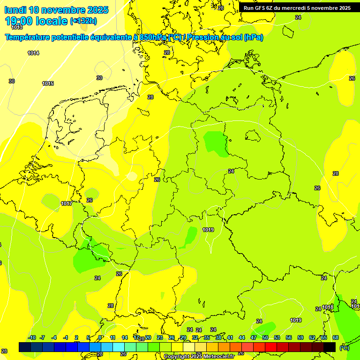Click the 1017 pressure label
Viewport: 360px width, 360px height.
pyautogui.click(x=67, y=203)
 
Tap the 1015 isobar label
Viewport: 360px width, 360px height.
pyautogui.click(x=48, y=83)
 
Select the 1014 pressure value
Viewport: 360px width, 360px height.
pyautogui.click(x=33, y=53)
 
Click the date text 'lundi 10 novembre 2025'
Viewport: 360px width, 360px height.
pyautogui.click(x=56, y=10)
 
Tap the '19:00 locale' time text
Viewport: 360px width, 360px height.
pyautogui.click(x=37, y=21)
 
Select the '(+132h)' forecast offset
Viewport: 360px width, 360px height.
pyautogui.click(x=83, y=21)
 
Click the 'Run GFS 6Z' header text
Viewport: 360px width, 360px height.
pyautogui.click(x=261, y=8)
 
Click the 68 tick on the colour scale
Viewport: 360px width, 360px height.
pyautogui.click(x=336, y=337)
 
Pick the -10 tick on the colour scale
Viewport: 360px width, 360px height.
pyautogui.click(x=32, y=337)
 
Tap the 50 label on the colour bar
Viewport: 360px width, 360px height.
pyautogui.click(x=265, y=337)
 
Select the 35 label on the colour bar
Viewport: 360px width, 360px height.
pyautogui.click(x=207, y=337)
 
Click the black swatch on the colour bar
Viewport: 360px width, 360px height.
pyautogui.click(x=330, y=347)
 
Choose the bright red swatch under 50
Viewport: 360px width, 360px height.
pyautogui.click(x=271, y=347)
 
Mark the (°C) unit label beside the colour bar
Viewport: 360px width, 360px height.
pyautogui.click(x=344, y=347)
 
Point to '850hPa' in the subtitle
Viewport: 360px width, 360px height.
pyautogui.click(x=153, y=37)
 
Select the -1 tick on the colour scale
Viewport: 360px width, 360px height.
pyautogui.click(x=66, y=337)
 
